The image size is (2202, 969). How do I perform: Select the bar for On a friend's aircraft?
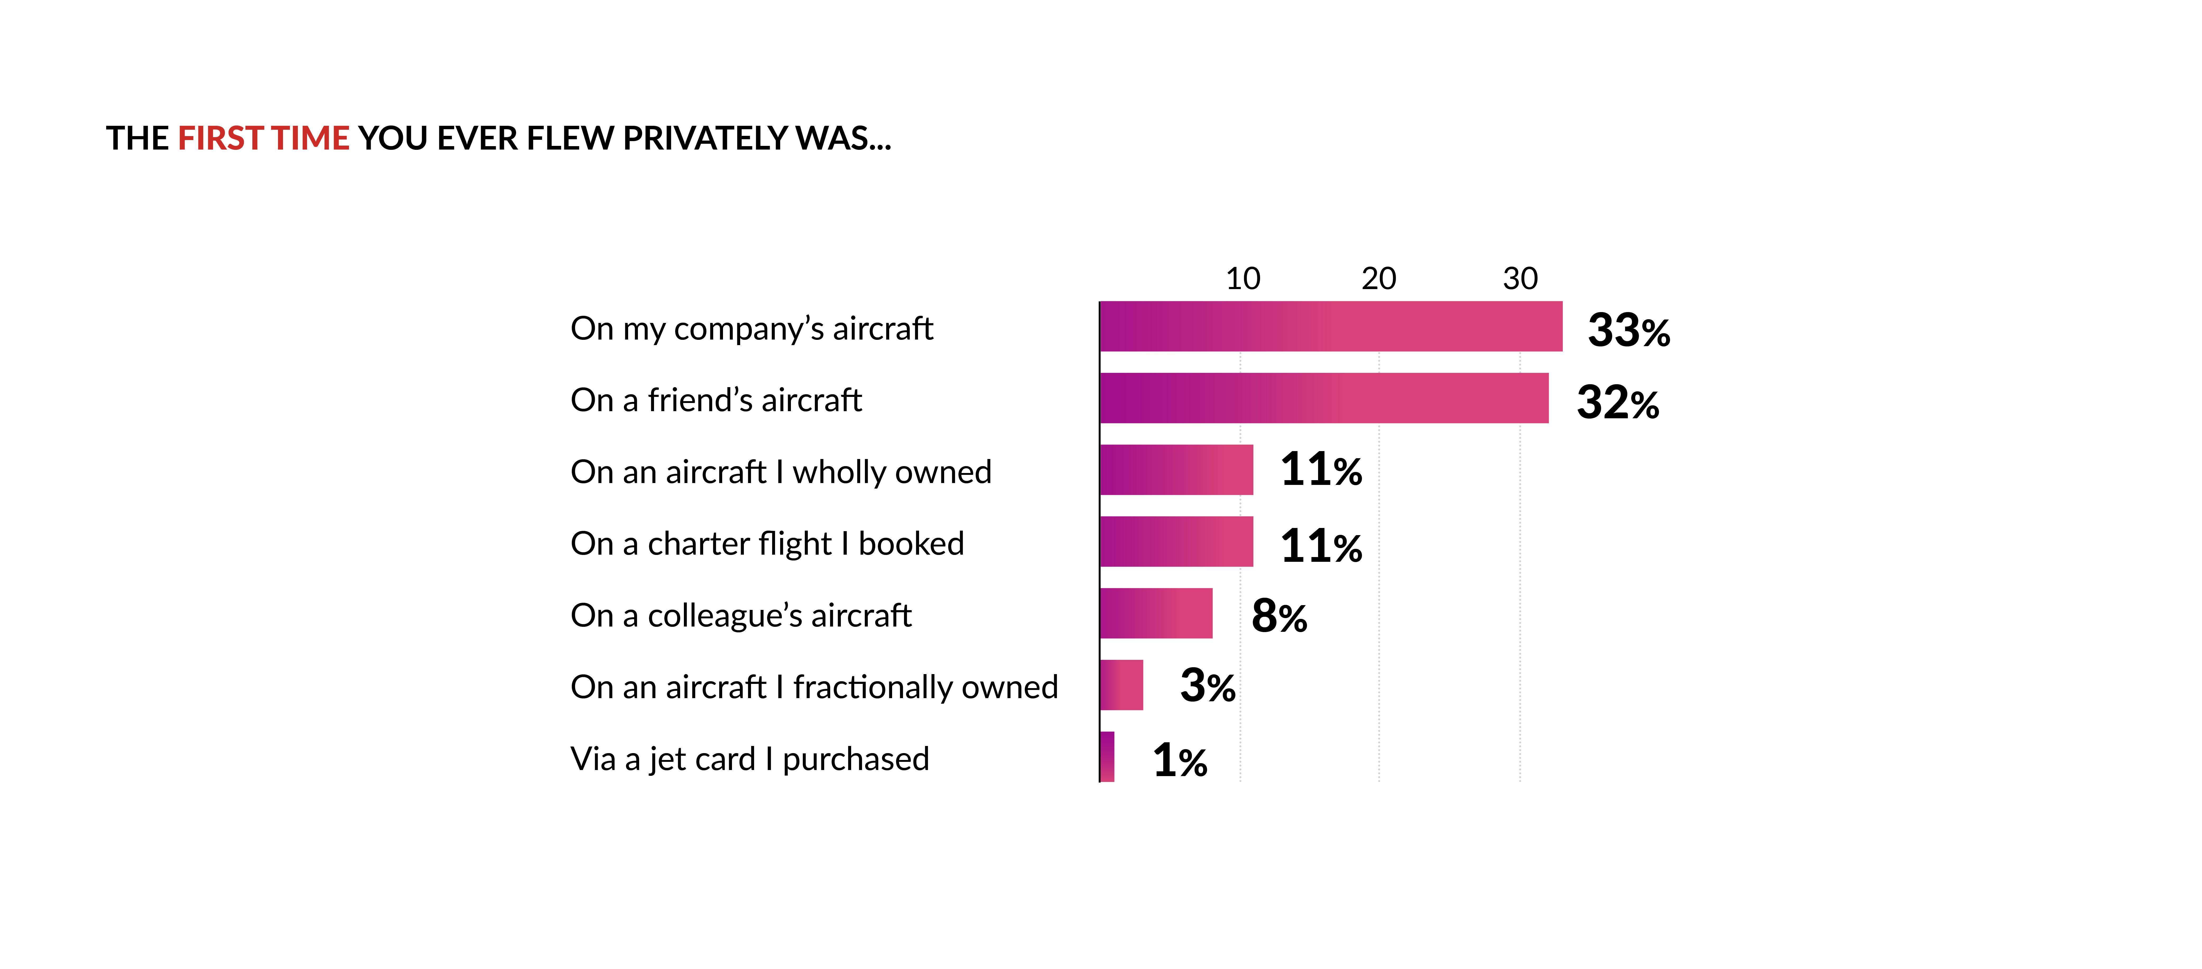click(1323, 398)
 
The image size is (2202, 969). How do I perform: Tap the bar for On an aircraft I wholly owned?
click(1176, 470)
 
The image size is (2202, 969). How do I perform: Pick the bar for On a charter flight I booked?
click(1176, 542)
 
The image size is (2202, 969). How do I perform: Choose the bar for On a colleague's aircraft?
click(1156, 614)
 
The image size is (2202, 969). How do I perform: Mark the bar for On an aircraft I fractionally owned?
click(1121, 685)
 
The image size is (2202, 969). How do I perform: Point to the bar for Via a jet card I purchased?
click(1107, 757)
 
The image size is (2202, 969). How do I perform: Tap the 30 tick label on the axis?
click(1520, 279)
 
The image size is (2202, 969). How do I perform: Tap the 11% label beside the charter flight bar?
click(1321, 545)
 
